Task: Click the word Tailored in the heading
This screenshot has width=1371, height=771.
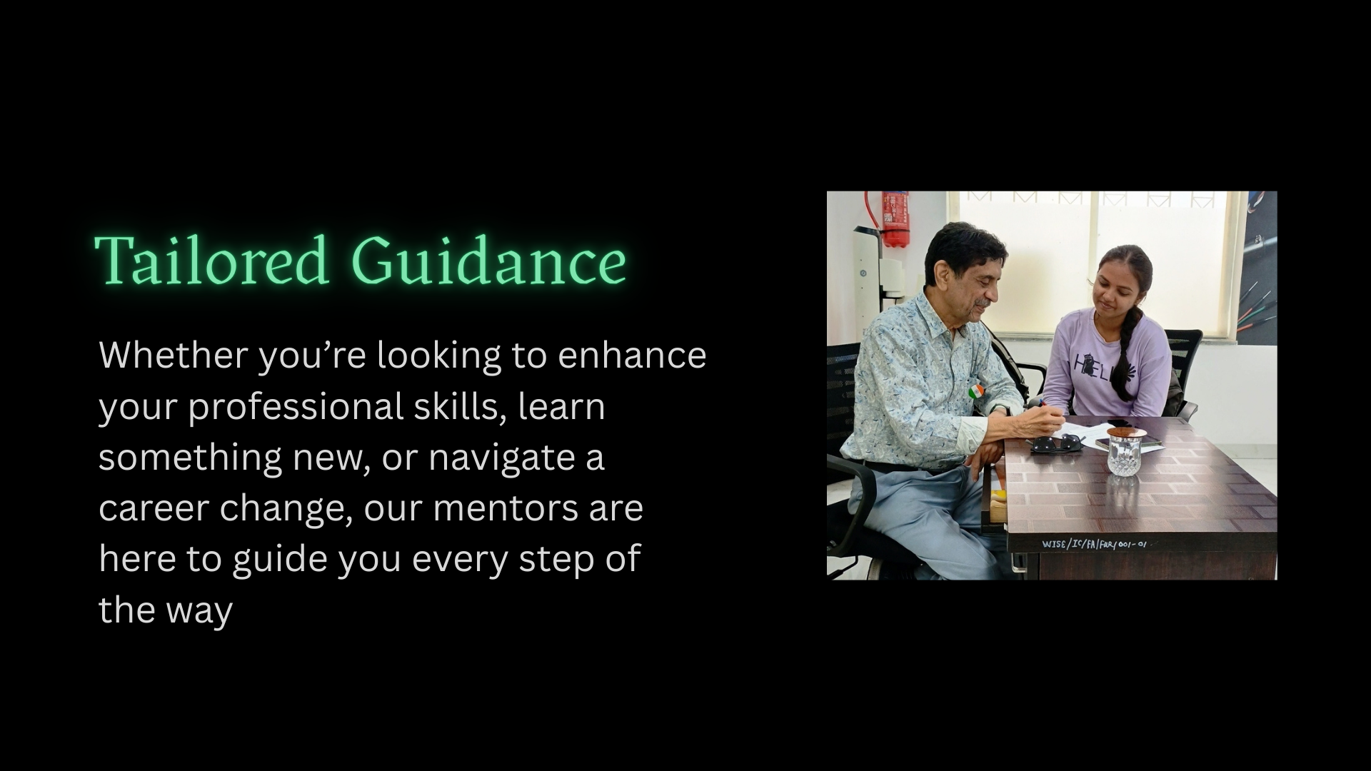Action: pyautogui.click(x=211, y=259)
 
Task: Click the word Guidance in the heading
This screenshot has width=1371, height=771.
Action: pyautogui.click(x=488, y=259)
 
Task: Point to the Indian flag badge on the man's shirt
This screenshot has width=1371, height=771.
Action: pyautogui.click(x=975, y=391)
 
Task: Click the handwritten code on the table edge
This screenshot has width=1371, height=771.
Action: pyautogui.click(x=1094, y=544)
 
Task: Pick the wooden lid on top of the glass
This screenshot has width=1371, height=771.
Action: pyautogui.click(x=1128, y=432)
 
